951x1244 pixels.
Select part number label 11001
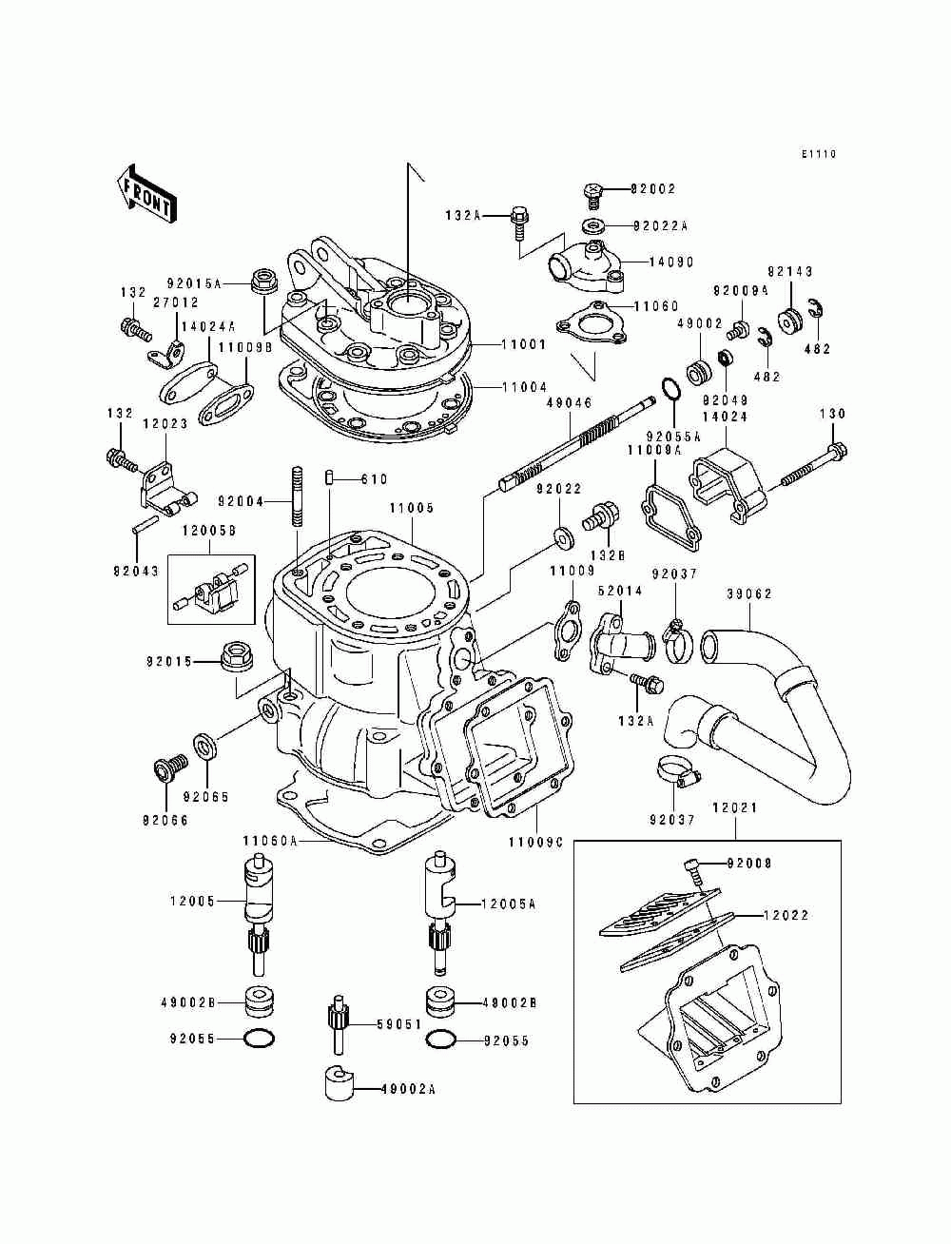(x=523, y=344)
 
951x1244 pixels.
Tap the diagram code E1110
(x=818, y=153)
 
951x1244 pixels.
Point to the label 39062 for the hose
(x=749, y=594)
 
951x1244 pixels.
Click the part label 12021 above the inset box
(x=735, y=807)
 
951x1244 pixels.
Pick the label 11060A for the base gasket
(x=270, y=841)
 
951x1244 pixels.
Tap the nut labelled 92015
(x=234, y=656)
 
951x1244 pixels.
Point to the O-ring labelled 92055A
(x=671, y=391)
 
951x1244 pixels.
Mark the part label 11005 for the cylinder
(x=411, y=508)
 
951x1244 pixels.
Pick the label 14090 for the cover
(x=671, y=262)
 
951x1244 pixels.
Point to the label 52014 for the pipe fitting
(x=620, y=591)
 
